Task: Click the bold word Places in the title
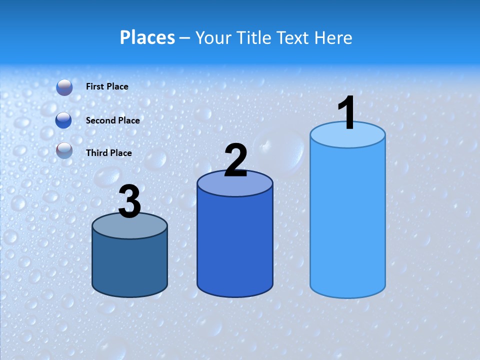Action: pyautogui.click(x=147, y=37)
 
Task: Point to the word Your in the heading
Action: pyautogui.click(x=213, y=37)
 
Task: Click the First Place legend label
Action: pyautogui.click(x=107, y=86)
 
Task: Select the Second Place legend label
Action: pyautogui.click(x=112, y=120)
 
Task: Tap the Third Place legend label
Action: pyautogui.click(x=109, y=153)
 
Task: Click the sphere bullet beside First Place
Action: pyautogui.click(x=64, y=87)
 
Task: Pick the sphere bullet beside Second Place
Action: pyautogui.click(x=64, y=120)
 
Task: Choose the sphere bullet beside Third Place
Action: pyautogui.click(x=64, y=150)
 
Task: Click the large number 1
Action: pyautogui.click(x=346, y=114)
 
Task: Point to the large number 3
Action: pyautogui.click(x=129, y=202)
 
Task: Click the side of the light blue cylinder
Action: pyautogui.click(x=347, y=220)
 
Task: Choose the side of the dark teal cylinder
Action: pyautogui.click(x=129, y=265)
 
